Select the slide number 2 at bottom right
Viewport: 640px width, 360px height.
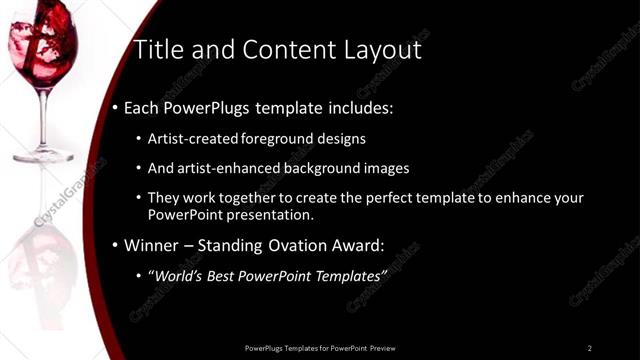pos(589,347)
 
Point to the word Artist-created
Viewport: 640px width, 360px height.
pos(192,139)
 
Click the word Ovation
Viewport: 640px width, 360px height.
pos(281,244)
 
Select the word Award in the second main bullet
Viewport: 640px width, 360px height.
pos(354,244)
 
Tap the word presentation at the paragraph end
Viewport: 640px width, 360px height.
pos(272,214)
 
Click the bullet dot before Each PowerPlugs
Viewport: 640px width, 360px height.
pos(115,107)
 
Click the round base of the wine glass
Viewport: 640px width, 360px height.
pos(43,155)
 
